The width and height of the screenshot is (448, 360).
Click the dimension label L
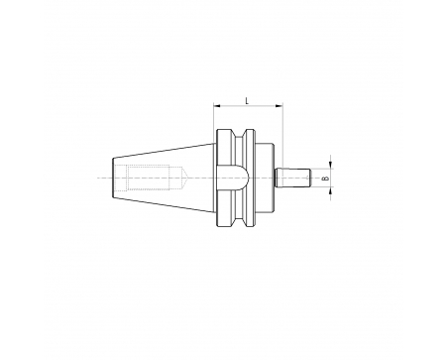click(247, 100)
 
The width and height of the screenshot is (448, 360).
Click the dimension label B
click(326, 179)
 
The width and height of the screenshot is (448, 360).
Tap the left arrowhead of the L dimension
click(217, 106)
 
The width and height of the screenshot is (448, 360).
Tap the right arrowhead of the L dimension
click(280, 106)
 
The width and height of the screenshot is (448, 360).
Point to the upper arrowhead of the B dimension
click(331, 165)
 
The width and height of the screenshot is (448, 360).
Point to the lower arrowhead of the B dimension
click(331, 191)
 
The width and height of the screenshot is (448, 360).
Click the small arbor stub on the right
click(292, 179)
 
